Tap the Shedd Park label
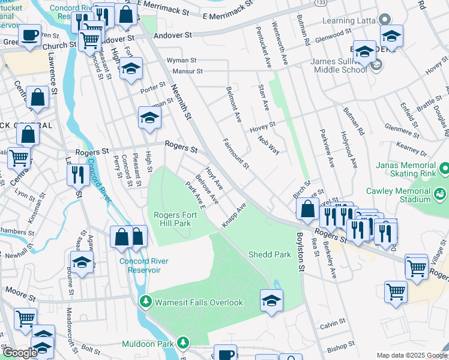pos(270,254)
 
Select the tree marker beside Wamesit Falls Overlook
pos(144,301)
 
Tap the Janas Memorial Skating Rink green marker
pos(444,166)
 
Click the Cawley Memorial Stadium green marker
pos(440,193)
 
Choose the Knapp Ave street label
pos(234,214)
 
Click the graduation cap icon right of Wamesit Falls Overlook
pos(271,300)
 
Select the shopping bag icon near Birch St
pos(307,209)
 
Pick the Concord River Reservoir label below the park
pos(143,265)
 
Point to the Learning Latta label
pos(348,21)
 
